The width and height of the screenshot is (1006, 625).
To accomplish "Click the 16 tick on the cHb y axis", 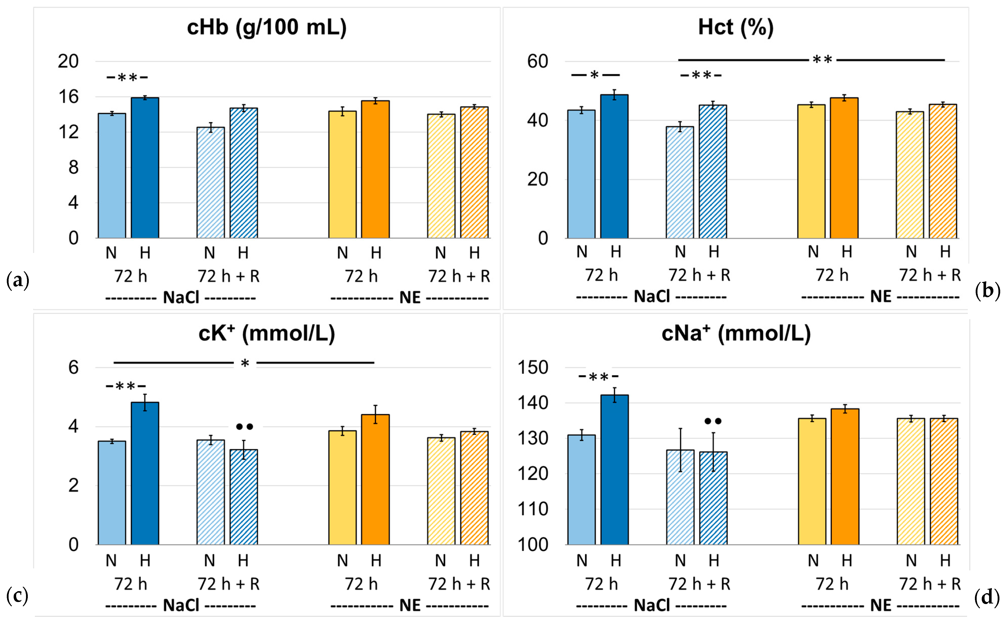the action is (x=68, y=97).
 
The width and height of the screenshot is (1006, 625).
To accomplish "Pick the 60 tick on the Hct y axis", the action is (x=538, y=62).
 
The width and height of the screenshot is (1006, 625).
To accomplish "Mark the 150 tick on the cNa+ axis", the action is (x=533, y=367).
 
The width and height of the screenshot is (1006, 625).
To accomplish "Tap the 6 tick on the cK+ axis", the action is (x=74, y=367).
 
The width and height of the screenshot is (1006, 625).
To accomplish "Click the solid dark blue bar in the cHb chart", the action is (x=145, y=168).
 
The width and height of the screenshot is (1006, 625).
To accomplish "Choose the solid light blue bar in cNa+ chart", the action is (x=582, y=490).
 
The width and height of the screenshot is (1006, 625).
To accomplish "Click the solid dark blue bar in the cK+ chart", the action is (x=145, y=474).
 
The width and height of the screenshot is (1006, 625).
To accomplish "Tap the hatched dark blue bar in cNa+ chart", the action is (x=713, y=499).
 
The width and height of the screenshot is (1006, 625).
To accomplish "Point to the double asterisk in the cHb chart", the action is (x=127, y=77).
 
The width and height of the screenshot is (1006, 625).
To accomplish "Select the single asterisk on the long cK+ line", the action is (x=245, y=364).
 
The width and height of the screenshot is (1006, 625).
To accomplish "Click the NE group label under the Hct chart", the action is (x=881, y=297).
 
